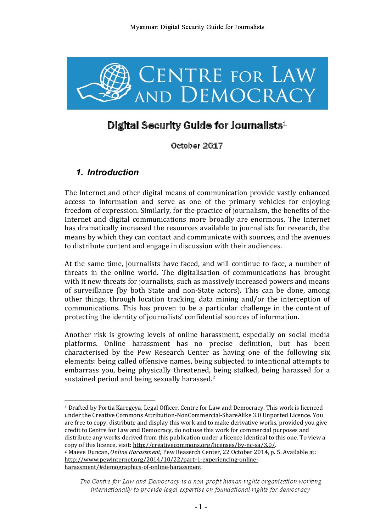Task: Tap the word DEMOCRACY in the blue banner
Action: [248, 95]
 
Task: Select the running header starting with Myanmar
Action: [197, 27]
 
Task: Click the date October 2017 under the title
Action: [197, 146]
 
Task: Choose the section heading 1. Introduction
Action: [107, 172]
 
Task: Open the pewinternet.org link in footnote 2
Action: [161, 460]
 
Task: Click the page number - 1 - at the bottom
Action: [200, 507]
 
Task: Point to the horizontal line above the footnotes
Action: [110, 400]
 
